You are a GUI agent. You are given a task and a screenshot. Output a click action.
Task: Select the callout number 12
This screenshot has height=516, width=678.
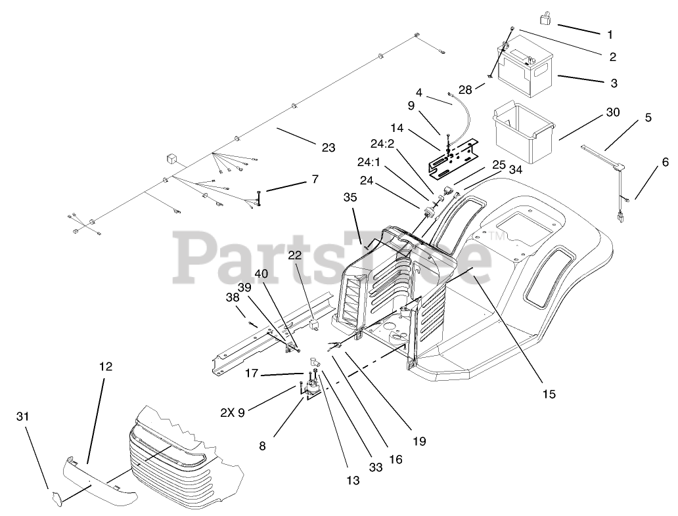click(x=105, y=367)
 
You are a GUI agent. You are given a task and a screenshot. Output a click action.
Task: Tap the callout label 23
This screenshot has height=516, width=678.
click(x=328, y=148)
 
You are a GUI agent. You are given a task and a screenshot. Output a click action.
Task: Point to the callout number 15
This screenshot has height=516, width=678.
click(x=549, y=394)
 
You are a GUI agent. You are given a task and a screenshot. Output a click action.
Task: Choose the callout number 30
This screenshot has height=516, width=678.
click(x=612, y=112)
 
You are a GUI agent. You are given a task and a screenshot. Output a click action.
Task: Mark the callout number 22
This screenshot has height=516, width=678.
click(x=294, y=255)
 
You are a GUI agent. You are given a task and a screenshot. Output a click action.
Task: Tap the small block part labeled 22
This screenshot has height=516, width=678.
click(x=314, y=324)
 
